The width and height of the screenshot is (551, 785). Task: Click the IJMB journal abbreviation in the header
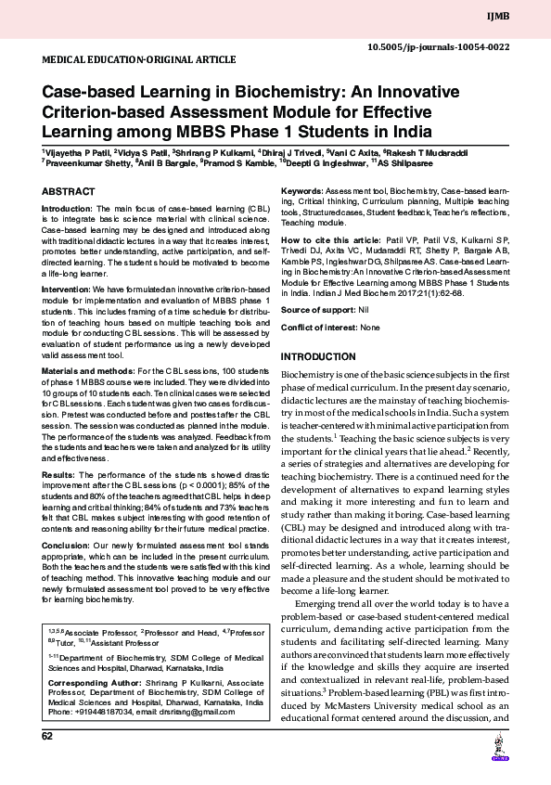pos(523,16)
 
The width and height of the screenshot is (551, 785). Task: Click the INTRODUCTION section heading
pos(318,357)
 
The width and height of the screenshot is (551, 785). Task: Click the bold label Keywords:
pos(301,191)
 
